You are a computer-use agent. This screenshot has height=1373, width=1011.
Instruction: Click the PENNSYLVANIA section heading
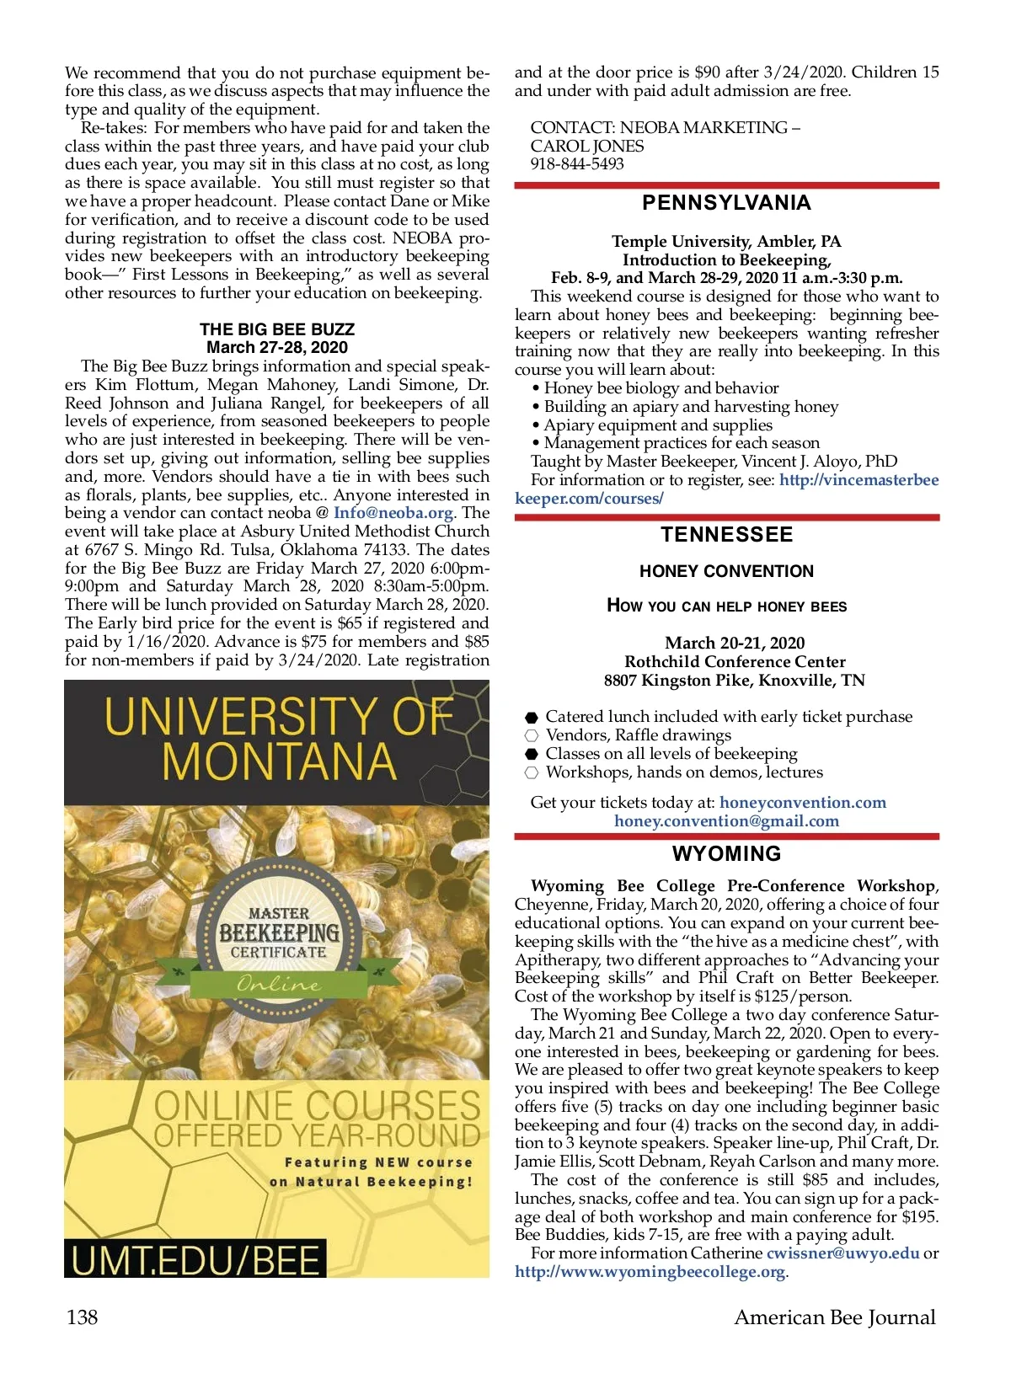726,203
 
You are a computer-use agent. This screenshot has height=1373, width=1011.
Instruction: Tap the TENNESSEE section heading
726,535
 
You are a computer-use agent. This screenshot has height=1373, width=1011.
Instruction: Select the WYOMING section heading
726,854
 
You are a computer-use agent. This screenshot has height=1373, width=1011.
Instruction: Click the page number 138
82,1317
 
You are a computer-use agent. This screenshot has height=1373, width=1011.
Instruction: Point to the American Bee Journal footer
834,1317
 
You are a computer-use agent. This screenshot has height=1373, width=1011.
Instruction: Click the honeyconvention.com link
802,803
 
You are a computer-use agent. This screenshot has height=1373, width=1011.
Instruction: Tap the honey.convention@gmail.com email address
726,821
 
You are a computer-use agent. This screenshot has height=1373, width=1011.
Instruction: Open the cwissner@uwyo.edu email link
842,1253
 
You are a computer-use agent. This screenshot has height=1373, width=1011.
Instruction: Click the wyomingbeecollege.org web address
650,1272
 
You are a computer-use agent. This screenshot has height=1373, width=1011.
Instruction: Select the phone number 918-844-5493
577,164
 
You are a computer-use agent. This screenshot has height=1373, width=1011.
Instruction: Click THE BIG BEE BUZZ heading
277,329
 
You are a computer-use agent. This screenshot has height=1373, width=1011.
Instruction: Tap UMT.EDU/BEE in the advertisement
195,1260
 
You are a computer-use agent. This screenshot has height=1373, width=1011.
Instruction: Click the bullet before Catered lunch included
532,718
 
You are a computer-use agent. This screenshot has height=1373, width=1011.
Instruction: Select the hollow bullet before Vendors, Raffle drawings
532,736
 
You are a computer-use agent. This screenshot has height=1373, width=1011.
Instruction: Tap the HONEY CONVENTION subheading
726,572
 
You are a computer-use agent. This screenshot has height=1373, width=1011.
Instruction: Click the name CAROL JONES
587,147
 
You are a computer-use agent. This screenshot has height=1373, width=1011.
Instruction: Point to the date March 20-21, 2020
735,644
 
